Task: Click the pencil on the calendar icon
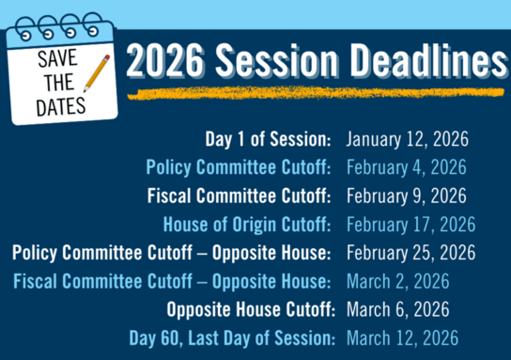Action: coord(96,73)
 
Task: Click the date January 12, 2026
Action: coord(406,140)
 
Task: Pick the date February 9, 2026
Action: coord(406,196)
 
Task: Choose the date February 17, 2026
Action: coord(410,225)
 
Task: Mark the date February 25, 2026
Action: coord(410,253)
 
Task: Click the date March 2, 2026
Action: coord(397,281)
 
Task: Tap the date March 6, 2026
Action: coord(397,309)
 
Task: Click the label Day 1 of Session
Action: coord(268,140)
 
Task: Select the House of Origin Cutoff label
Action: coord(247,225)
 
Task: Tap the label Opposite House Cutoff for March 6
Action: coord(249,309)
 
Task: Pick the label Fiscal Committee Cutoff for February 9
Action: coord(239,196)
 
